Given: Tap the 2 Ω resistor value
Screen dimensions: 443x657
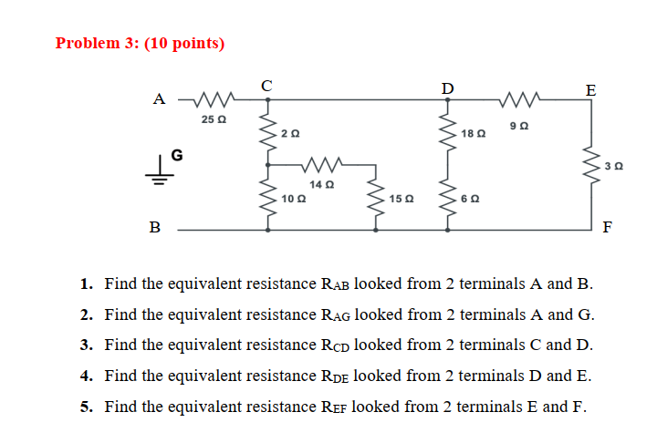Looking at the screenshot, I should click(289, 134).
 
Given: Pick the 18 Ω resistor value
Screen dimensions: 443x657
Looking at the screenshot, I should click(474, 133).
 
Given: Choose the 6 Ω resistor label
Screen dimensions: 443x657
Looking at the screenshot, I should click(470, 198).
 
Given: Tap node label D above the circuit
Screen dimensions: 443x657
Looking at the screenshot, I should click(446, 88).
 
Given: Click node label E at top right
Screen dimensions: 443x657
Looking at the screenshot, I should click(590, 89).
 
